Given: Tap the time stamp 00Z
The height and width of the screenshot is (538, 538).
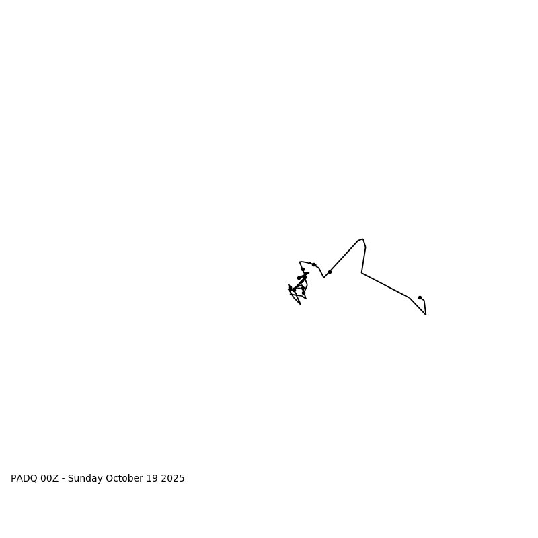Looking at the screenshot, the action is coord(50,479).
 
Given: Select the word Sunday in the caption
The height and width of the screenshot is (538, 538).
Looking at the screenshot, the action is coord(86,479).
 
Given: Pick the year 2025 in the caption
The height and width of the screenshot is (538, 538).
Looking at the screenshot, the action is coord(173,479).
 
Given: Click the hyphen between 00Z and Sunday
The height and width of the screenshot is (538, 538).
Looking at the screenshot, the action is coord(63,479).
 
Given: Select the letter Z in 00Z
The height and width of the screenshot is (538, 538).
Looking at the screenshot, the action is coord(56,479).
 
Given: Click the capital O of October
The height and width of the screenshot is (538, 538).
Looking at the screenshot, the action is coord(112,479).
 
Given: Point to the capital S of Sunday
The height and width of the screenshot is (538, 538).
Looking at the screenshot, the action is coord(71,479).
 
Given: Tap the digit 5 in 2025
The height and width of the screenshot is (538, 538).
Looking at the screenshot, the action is coord(182,479).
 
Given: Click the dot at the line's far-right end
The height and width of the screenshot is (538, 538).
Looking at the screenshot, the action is coord(420,297).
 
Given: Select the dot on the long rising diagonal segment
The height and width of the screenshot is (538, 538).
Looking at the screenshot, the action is coord(330,272).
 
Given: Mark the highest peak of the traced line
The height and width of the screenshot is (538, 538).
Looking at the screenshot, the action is coord(362,239).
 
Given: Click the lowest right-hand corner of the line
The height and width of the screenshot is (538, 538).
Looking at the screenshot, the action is coord(426,315).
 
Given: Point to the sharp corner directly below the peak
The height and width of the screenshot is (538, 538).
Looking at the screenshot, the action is coord(362,272).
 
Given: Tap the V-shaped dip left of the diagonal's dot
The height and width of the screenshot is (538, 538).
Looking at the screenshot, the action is coord(323,277).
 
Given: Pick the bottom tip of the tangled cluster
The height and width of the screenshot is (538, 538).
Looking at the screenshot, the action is coord(301,305).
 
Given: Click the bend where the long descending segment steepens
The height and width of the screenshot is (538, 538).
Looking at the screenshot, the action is coord(410,297).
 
